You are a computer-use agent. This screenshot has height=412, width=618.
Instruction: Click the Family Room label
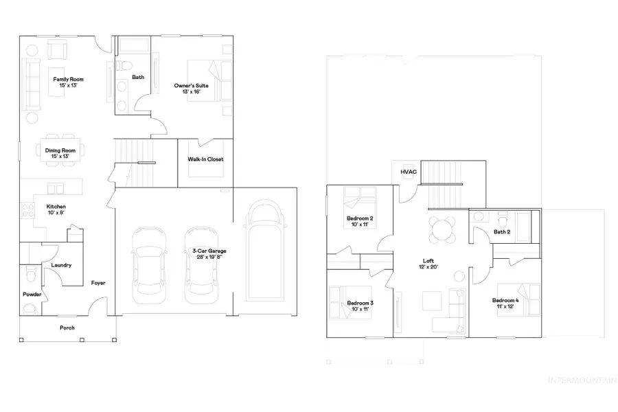point(68,83)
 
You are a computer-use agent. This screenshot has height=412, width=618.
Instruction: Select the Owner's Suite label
point(191,89)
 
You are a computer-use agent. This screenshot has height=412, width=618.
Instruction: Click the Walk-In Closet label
point(205,159)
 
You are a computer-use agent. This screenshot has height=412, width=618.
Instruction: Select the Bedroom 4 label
point(505,304)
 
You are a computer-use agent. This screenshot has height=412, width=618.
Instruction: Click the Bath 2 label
point(502,232)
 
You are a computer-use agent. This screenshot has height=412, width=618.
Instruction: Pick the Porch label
point(67,328)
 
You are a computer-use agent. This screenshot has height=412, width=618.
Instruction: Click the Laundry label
point(61,265)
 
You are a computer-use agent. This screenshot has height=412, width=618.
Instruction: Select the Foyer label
point(98,283)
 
